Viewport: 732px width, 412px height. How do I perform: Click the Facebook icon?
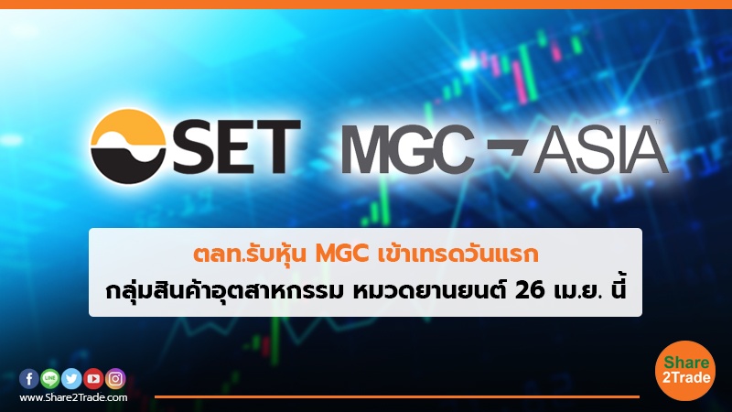click(28, 378)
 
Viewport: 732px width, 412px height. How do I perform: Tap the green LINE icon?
click(49, 378)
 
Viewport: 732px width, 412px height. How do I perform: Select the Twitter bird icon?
click(71, 378)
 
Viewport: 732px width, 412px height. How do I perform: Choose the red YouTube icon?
click(93, 378)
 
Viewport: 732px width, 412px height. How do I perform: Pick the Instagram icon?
click(115, 378)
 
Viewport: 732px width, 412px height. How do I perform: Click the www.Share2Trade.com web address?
click(73, 398)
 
